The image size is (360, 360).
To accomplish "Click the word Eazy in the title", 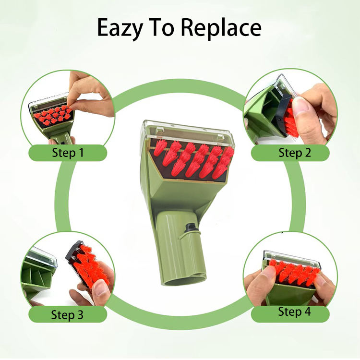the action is point(120,28).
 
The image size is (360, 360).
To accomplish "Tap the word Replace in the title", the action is point(221,27).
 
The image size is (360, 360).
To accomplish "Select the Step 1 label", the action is point(68,153).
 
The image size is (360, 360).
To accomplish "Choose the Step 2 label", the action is point(295,153).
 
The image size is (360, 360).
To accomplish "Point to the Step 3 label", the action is point(67,314).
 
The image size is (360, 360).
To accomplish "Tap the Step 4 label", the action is point(294,312).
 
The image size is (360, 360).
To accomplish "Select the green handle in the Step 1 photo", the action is point(59,135).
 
